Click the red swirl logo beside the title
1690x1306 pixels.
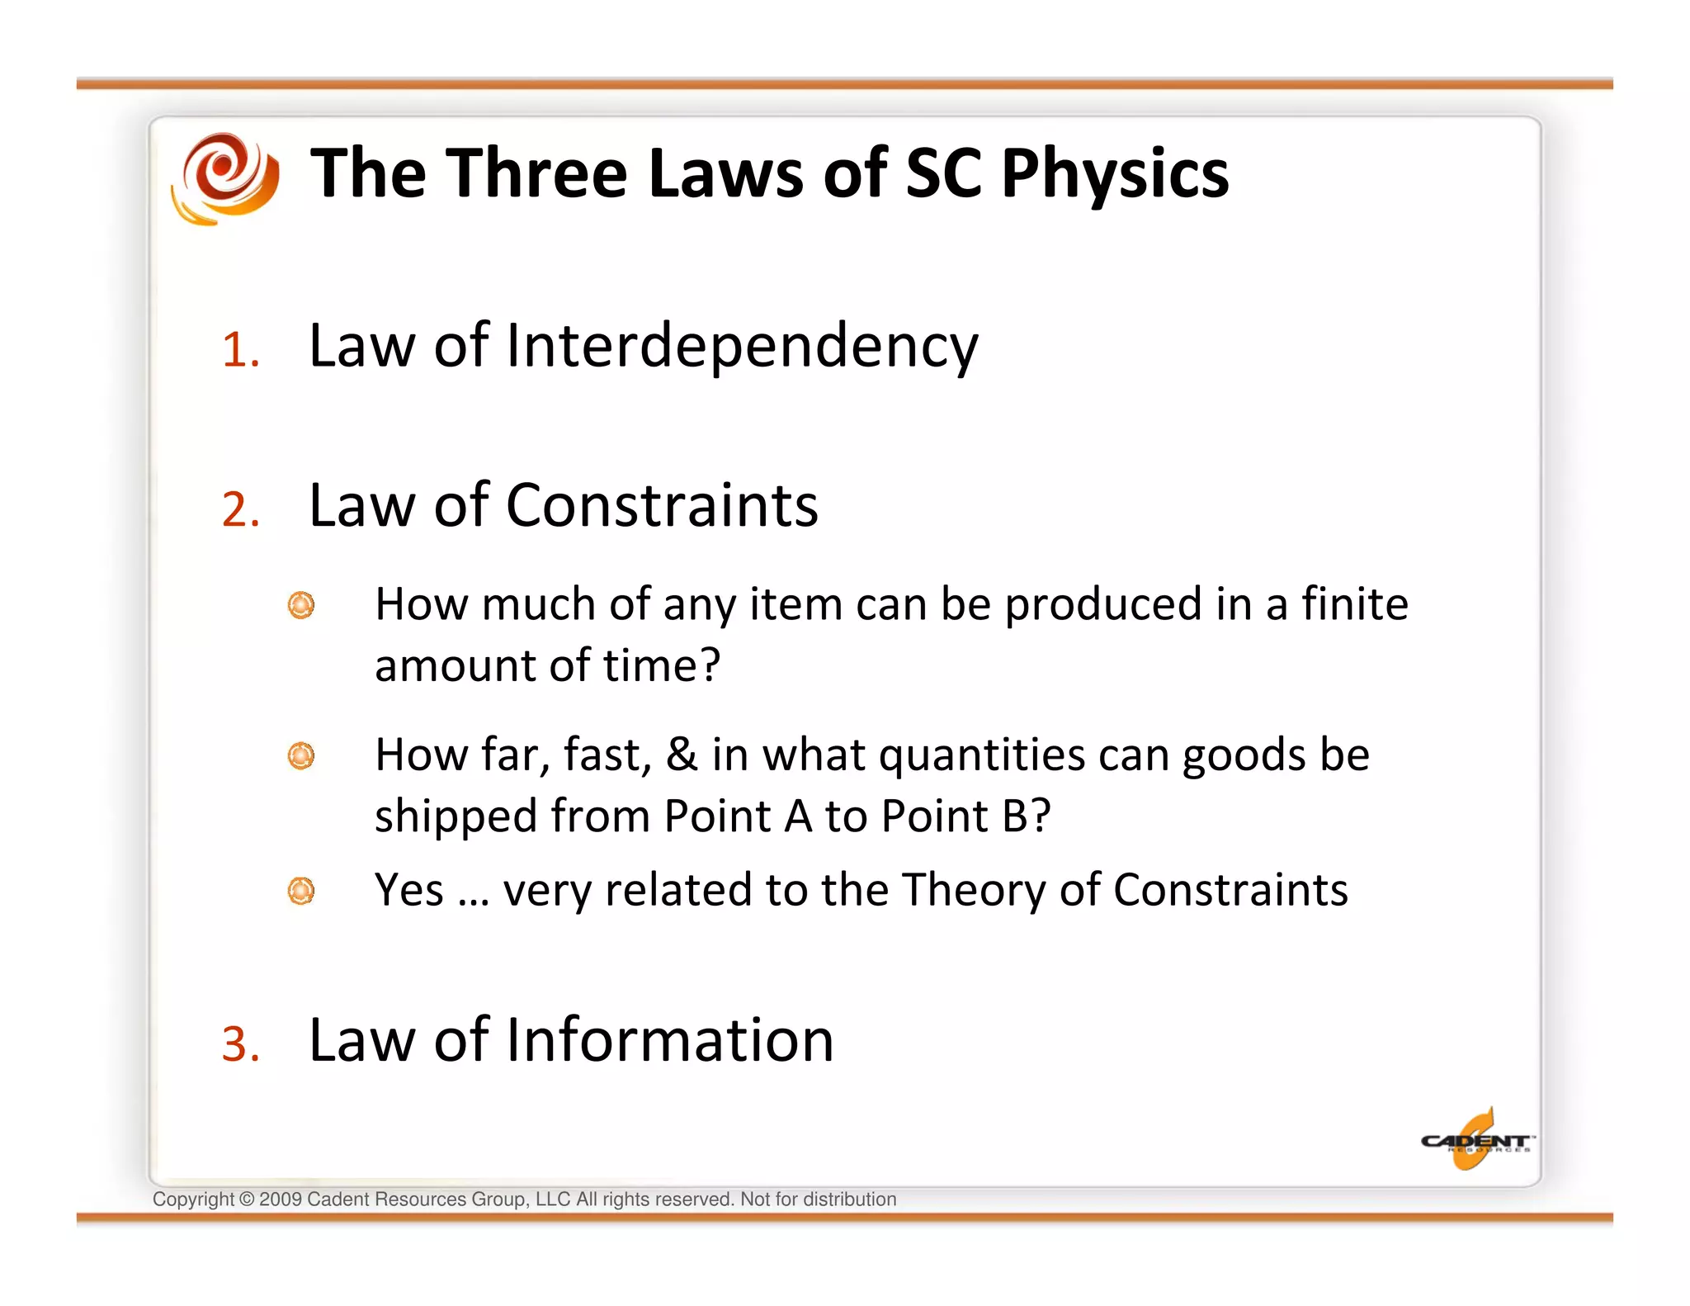click(x=224, y=177)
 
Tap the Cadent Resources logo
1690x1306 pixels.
click(x=1476, y=1141)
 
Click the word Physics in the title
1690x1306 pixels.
click(x=1115, y=174)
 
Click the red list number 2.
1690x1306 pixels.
click(x=240, y=509)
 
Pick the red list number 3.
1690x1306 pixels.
click(x=240, y=1044)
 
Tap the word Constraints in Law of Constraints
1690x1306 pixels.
click(x=662, y=506)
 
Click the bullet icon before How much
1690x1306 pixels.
click(x=301, y=605)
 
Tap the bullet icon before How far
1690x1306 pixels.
click(x=301, y=755)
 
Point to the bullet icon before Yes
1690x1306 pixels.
click(x=301, y=891)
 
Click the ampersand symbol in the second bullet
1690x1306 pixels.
click(x=682, y=755)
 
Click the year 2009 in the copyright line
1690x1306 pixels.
click(x=281, y=1200)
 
